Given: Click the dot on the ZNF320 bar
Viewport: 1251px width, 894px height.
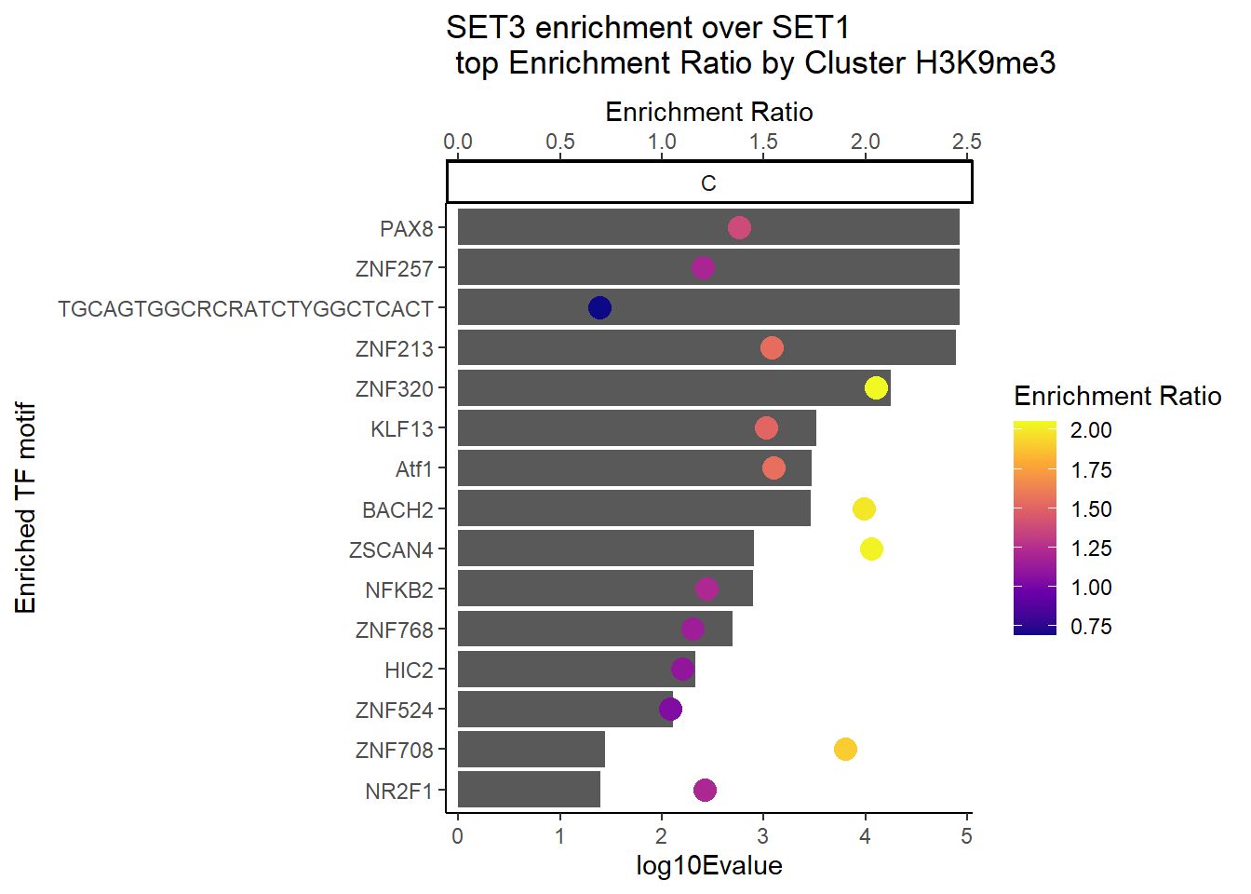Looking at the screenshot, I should (x=876, y=387).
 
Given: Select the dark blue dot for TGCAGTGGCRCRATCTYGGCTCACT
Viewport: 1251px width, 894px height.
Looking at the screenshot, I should (x=599, y=307).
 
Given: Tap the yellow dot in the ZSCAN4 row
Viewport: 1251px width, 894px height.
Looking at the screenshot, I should (x=871, y=549).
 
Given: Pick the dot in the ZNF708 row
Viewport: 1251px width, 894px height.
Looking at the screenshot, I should (x=845, y=749).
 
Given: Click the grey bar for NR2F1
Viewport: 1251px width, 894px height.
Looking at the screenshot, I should (x=528, y=790).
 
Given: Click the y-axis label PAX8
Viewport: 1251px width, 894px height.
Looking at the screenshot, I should (x=407, y=229).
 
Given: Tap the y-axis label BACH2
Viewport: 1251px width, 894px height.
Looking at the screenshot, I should (x=397, y=510).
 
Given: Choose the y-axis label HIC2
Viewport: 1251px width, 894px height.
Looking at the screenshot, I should (x=409, y=670).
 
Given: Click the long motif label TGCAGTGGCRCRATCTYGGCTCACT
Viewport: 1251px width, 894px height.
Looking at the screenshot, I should (x=246, y=309).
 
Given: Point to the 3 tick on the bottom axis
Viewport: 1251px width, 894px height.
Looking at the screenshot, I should (x=763, y=836).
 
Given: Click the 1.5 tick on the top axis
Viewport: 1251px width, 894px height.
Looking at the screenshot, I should (x=763, y=142).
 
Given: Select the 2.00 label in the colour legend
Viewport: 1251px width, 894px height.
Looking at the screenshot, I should (x=1091, y=430).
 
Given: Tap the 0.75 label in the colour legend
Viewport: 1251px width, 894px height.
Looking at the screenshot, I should (x=1091, y=627).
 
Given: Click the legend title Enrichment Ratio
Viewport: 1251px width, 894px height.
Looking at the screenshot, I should (x=1117, y=397).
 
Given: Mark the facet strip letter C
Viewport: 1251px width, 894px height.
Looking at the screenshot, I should (x=708, y=183).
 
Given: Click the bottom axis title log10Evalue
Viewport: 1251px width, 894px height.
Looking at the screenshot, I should (x=708, y=866).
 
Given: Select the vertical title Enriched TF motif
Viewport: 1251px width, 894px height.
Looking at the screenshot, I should (x=26, y=508).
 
